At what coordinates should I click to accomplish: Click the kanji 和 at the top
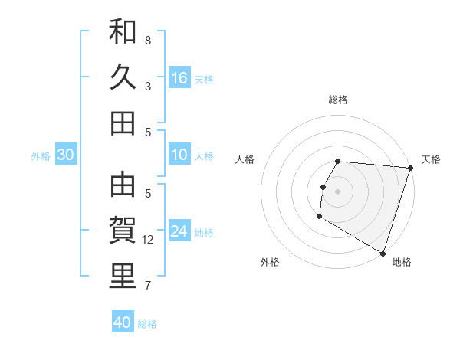tap(123, 33)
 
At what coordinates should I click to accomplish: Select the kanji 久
tap(123, 77)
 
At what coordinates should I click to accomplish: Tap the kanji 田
tap(123, 123)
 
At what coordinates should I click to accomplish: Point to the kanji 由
tap(123, 186)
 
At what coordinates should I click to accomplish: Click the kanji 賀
tap(123, 231)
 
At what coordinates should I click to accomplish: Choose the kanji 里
tap(123, 277)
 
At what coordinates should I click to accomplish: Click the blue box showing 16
tap(179, 78)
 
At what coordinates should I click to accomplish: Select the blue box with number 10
tap(179, 155)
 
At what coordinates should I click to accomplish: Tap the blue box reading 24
tap(179, 232)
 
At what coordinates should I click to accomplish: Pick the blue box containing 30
tap(66, 155)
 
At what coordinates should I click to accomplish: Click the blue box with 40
tap(123, 322)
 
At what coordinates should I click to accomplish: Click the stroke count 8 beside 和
tap(148, 40)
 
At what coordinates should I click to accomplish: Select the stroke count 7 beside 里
tap(148, 286)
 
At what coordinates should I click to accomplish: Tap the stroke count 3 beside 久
tap(148, 86)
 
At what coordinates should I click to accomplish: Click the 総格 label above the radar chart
tap(338, 100)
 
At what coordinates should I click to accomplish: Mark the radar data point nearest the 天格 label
tap(410, 168)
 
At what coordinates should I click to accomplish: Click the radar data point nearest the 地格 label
tap(383, 253)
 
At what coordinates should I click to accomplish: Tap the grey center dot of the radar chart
tap(338, 191)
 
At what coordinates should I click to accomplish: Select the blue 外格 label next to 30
tap(41, 156)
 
